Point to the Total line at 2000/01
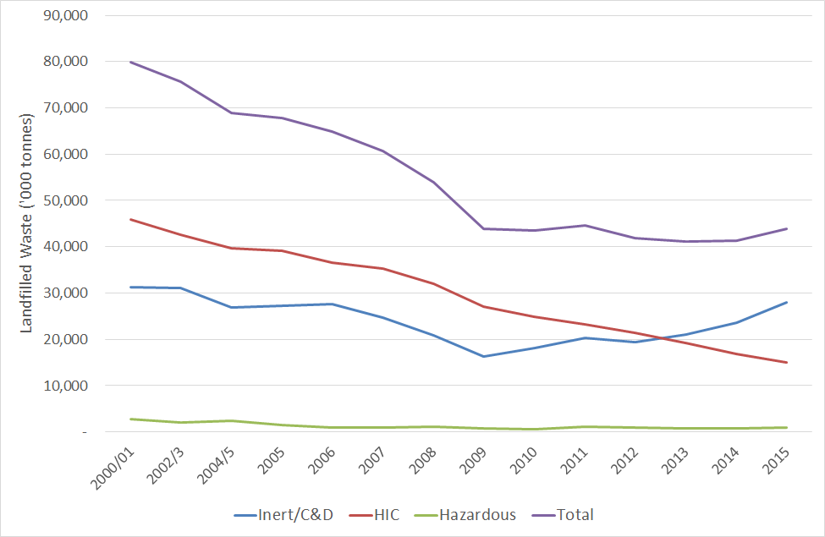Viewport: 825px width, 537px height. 130,63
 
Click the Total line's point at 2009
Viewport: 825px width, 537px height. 483,228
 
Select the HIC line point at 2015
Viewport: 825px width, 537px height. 786,363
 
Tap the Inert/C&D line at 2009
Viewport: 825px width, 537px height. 483,356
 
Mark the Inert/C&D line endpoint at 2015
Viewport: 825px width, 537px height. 786,302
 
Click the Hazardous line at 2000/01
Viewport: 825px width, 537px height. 130,419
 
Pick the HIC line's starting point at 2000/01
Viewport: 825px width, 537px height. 130,219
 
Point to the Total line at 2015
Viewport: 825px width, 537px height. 786,228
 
